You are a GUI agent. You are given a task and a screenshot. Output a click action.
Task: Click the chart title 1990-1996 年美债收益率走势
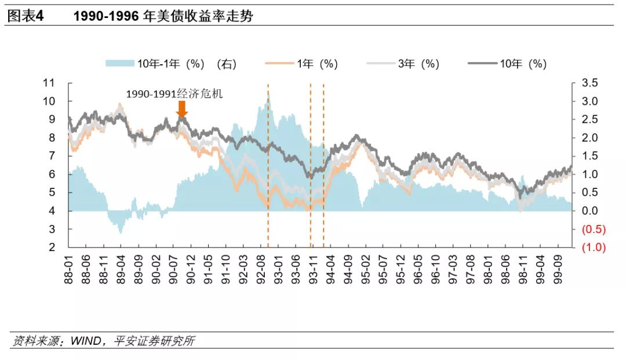click(x=163, y=16)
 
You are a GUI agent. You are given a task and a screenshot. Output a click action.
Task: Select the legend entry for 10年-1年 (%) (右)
click(x=171, y=64)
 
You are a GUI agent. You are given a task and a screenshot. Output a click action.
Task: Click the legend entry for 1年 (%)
click(x=301, y=64)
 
